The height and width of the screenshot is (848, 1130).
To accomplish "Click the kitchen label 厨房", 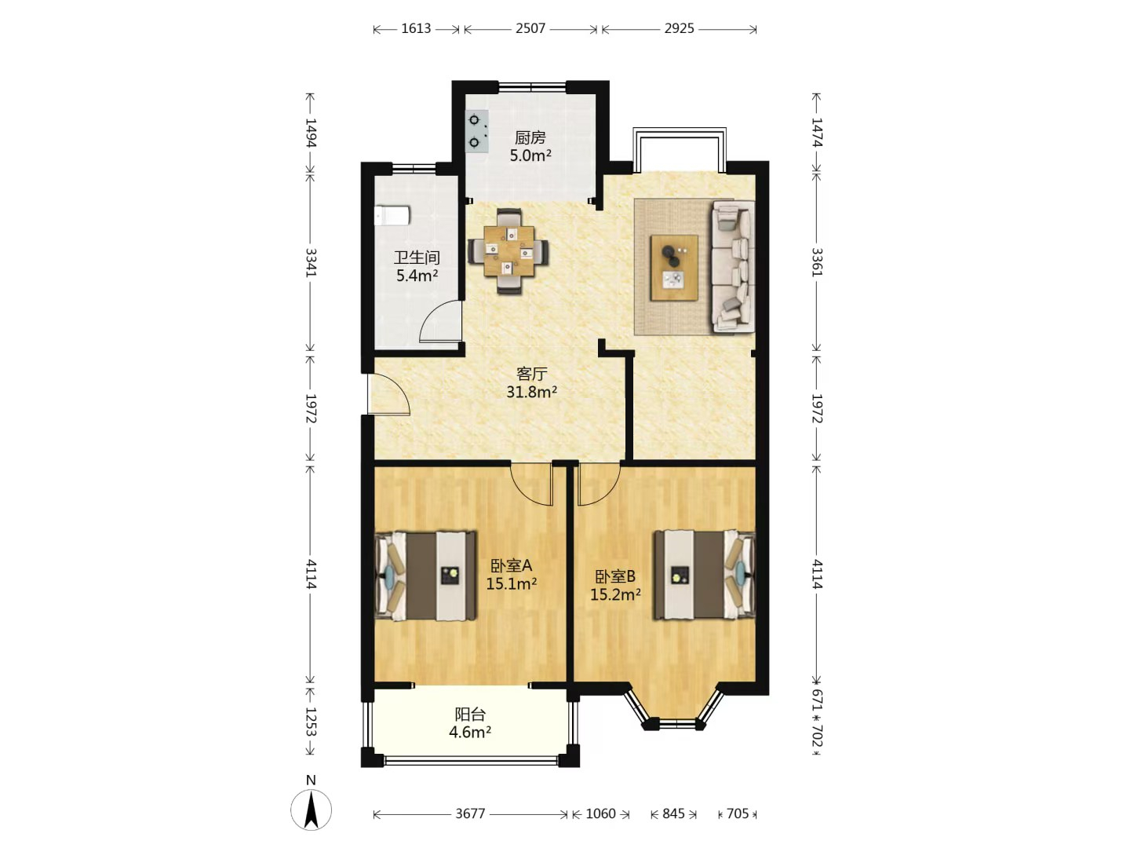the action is [x=530, y=137].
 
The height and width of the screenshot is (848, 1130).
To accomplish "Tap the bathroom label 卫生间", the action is [x=417, y=258].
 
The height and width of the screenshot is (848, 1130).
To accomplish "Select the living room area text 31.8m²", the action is [x=532, y=393].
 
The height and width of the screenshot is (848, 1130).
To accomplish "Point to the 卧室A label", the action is [x=511, y=566].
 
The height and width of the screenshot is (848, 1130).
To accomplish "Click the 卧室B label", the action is [x=615, y=576].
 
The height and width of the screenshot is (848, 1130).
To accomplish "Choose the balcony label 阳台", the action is [x=470, y=715].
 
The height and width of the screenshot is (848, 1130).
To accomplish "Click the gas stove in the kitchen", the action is [x=476, y=131].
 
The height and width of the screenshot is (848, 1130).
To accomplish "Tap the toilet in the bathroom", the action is [x=392, y=216].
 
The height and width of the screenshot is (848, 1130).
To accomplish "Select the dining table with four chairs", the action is [x=508, y=250].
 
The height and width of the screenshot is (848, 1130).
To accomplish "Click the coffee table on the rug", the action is [x=674, y=268].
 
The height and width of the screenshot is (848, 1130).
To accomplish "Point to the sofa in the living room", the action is [x=733, y=266].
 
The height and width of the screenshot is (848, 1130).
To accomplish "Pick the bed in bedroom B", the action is [x=704, y=575].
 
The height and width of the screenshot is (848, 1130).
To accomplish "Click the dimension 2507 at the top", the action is [x=530, y=28].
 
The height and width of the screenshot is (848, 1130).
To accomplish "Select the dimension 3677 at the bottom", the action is [x=470, y=813].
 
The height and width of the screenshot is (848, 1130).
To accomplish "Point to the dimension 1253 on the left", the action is [x=311, y=722].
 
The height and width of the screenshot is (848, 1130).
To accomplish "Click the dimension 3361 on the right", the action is [x=817, y=262].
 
